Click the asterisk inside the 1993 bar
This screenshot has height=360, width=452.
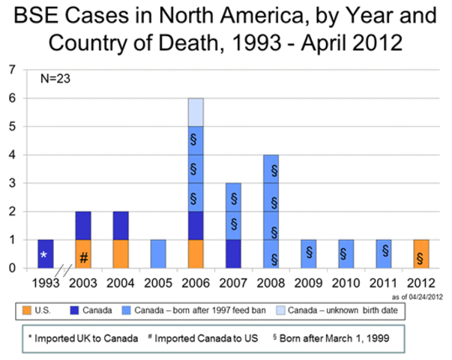click(x=43, y=256)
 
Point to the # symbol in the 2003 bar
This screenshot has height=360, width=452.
click(x=84, y=256)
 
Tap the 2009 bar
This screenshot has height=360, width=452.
click(x=309, y=253)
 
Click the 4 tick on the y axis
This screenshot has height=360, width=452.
click(x=11, y=155)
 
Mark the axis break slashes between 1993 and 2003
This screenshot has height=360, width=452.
click(x=64, y=270)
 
